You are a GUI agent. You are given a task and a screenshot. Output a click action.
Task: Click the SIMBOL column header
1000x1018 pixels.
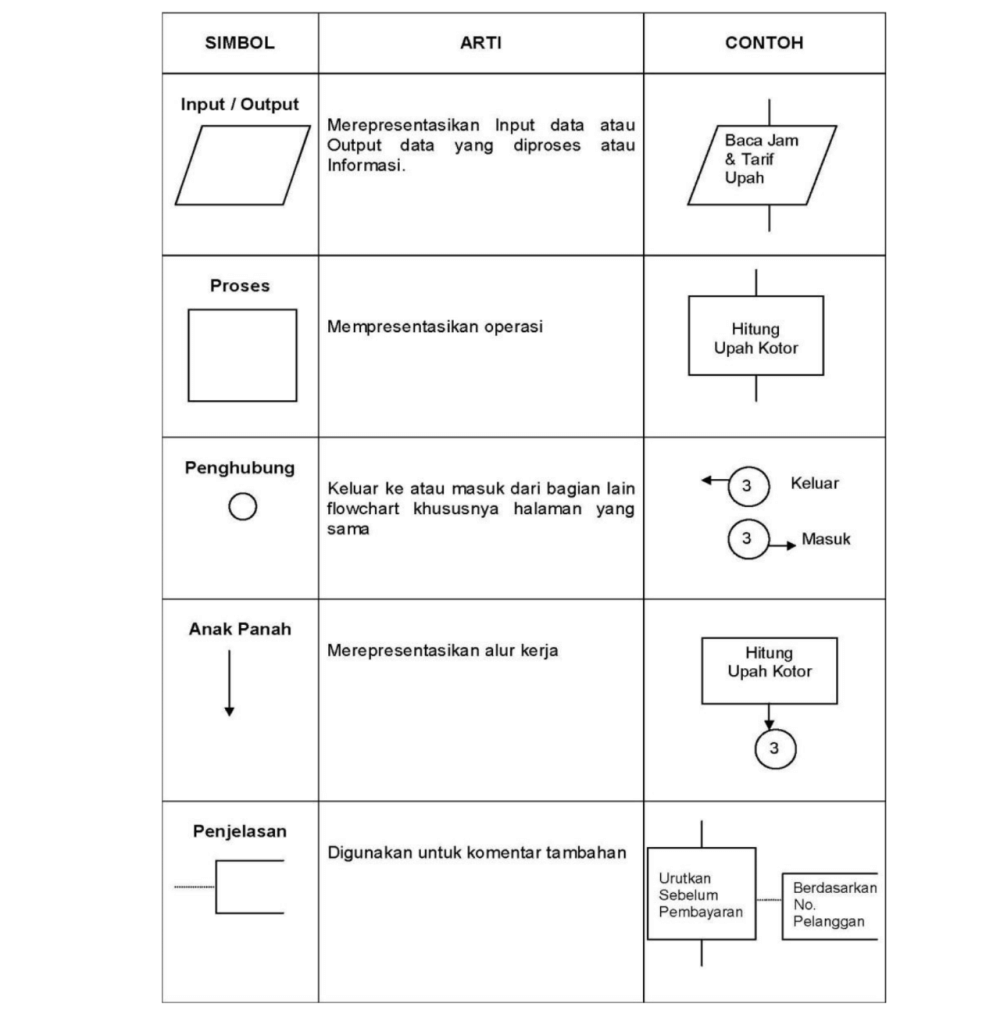[240, 44]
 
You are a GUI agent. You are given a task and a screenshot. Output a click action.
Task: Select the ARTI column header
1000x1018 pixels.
[480, 44]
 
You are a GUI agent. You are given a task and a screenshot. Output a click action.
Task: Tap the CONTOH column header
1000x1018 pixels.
[764, 44]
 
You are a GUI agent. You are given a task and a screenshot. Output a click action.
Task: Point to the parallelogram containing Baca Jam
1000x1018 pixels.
[763, 165]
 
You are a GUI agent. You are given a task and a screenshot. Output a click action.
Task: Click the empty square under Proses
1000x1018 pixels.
[242, 355]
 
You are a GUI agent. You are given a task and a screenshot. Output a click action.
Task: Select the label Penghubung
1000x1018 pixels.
[240, 468]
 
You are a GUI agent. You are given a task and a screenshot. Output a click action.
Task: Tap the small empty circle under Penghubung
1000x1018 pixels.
[241, 508]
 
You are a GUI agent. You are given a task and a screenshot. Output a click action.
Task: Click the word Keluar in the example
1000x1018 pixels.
[814, 483]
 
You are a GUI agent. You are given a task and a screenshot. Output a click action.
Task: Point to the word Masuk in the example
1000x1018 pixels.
[826, 540]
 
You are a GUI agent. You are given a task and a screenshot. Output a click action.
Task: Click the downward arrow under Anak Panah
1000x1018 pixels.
[229, 682]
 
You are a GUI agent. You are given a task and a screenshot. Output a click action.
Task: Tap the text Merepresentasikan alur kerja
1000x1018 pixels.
[443, 651]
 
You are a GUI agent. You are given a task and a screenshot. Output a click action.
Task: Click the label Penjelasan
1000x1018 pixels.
[240, 831]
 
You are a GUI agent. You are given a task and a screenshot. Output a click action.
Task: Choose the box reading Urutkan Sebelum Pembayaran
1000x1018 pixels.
[701, 894]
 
